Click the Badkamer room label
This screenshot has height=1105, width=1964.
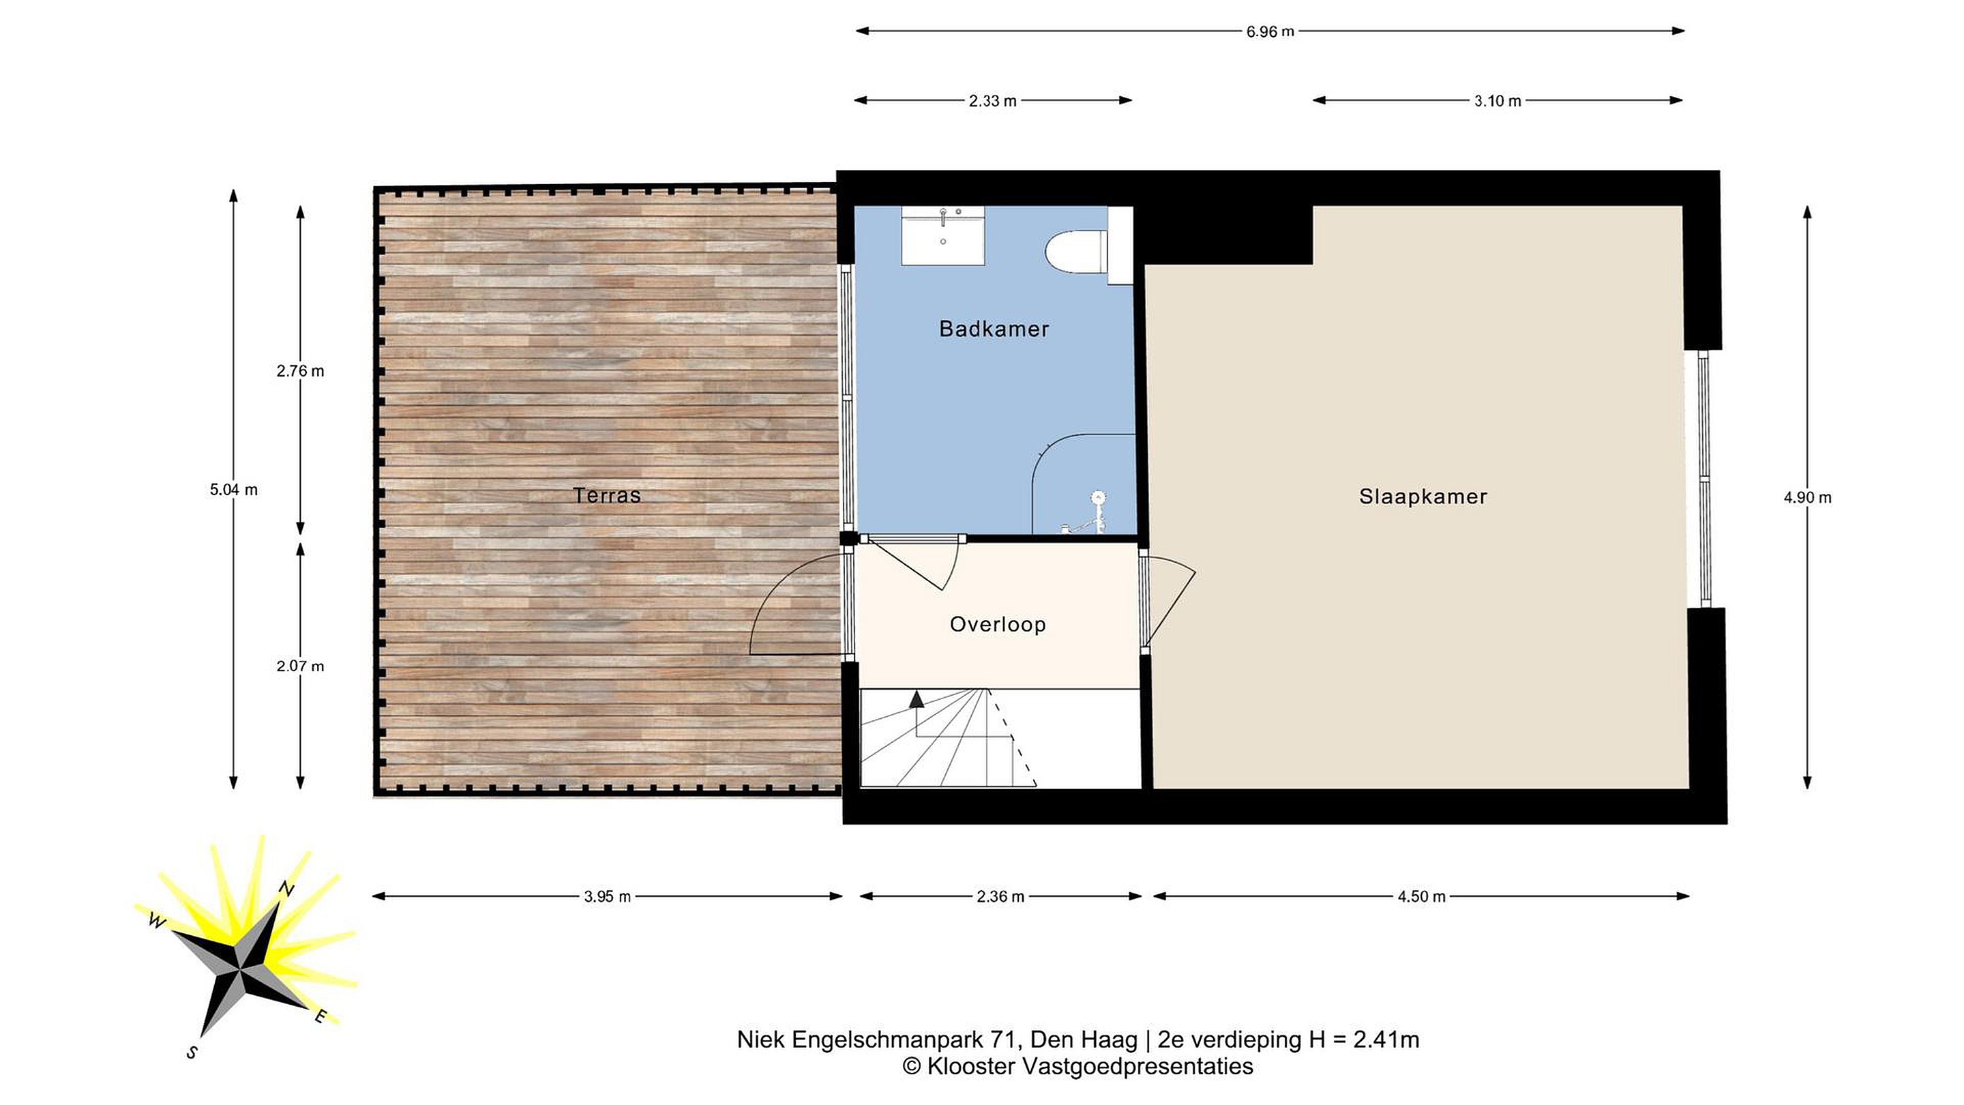pos(994,329)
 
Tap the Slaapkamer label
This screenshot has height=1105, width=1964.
pos(1423,497)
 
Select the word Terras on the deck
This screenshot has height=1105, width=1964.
pos(607,496)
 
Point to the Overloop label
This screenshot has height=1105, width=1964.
pos(997,625)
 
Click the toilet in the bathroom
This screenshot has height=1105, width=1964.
pos(1077,251)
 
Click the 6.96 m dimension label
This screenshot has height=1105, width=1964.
pos(1270,32)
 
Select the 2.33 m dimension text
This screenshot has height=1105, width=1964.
pos(993,101)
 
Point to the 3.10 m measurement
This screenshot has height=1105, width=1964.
pos(1498,101)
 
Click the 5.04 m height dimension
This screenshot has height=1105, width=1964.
pos(234,490)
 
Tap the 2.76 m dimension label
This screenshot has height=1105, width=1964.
pos(300,370)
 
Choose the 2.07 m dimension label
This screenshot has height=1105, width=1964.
pos(300,666)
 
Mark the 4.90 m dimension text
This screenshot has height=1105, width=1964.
pos(1807,497)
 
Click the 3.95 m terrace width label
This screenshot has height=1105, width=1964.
pos(608,897)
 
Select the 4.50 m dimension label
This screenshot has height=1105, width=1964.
pos(1421,897)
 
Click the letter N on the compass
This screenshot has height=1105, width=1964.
pos(286,888)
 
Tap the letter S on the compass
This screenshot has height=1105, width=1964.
pos(192,1052)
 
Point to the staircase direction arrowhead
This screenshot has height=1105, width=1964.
pos(916,699)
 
